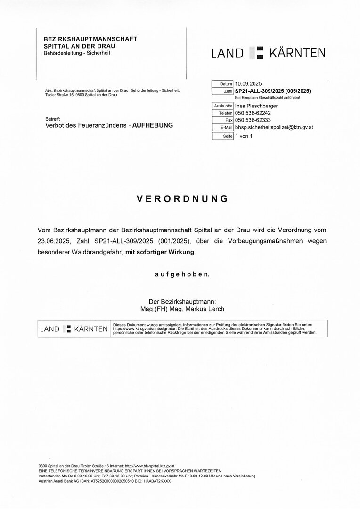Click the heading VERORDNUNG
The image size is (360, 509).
click(x=182, y=199)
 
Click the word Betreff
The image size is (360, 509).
click(x=52, y=118)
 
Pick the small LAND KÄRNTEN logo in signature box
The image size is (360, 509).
click(x=74, y=328)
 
